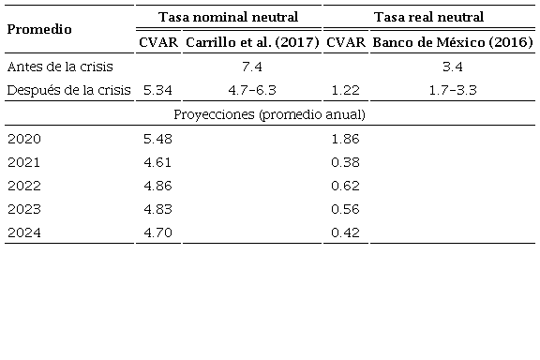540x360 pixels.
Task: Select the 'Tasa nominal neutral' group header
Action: point(228,17)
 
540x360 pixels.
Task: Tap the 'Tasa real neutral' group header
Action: point(428,17)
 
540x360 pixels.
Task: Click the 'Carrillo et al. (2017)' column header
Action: point(253,42)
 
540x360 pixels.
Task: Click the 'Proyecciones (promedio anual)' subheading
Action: point(270,114)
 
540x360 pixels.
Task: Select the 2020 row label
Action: point(22,139)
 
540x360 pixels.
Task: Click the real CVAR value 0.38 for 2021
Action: point(345,162)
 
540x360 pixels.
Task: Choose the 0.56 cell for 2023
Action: point(345,209)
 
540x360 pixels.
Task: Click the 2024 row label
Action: point(22,232)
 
